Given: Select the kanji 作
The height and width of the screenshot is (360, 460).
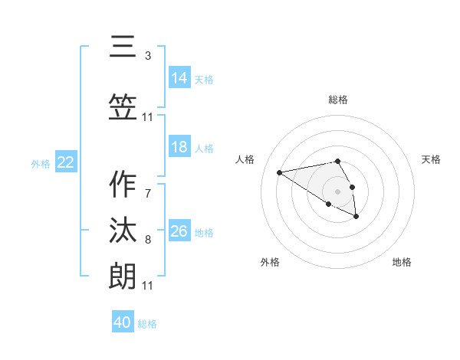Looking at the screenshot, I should pos(123,185).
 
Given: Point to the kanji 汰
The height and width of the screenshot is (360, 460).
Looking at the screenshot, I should pos(123,231).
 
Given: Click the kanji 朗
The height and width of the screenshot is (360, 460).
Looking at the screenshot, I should pos(123,276).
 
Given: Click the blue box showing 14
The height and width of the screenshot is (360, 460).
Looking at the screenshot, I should pos(179,78).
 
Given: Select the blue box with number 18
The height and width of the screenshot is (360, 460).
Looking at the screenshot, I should pos(179,147).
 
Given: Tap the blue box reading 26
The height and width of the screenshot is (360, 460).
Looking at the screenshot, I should pos(179,231).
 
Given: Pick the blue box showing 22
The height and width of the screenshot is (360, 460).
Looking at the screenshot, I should pos(65,162).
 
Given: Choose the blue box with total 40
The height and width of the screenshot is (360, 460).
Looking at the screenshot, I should pos(123,322).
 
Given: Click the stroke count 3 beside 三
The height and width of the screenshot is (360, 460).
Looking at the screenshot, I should pos(148,56).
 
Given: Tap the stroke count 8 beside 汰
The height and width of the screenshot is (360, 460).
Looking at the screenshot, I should pos(148,240).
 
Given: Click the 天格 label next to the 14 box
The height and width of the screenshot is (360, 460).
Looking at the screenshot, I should pos(204,80).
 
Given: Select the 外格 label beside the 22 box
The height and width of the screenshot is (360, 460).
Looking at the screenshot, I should pos(41,164).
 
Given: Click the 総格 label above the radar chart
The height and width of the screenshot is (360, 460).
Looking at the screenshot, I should pos(338,100).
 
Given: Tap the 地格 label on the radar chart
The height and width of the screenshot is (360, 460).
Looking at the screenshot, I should pos(402,262).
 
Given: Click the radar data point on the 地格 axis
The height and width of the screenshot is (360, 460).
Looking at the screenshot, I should pos(356,217).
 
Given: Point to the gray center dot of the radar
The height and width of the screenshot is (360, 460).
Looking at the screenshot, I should pos(338,191).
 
